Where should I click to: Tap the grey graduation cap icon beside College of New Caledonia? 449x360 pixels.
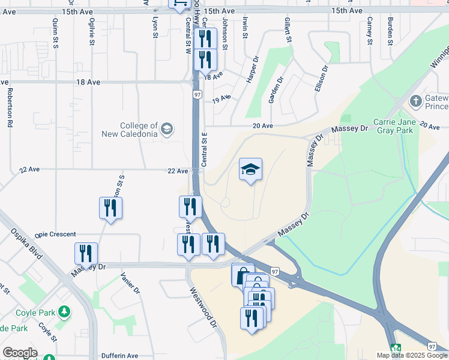[167, 128]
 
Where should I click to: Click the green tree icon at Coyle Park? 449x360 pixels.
[63, 312]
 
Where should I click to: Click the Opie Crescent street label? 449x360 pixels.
[55, 234]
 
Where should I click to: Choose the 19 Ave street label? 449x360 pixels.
[221, 98]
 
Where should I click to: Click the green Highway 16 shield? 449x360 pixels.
[395, 348]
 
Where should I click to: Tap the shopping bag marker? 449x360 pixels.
[241, 275]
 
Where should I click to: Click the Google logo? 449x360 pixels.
[19, 353]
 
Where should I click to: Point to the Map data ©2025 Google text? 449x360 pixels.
[412, 355]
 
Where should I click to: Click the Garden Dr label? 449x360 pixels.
[276, 89]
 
